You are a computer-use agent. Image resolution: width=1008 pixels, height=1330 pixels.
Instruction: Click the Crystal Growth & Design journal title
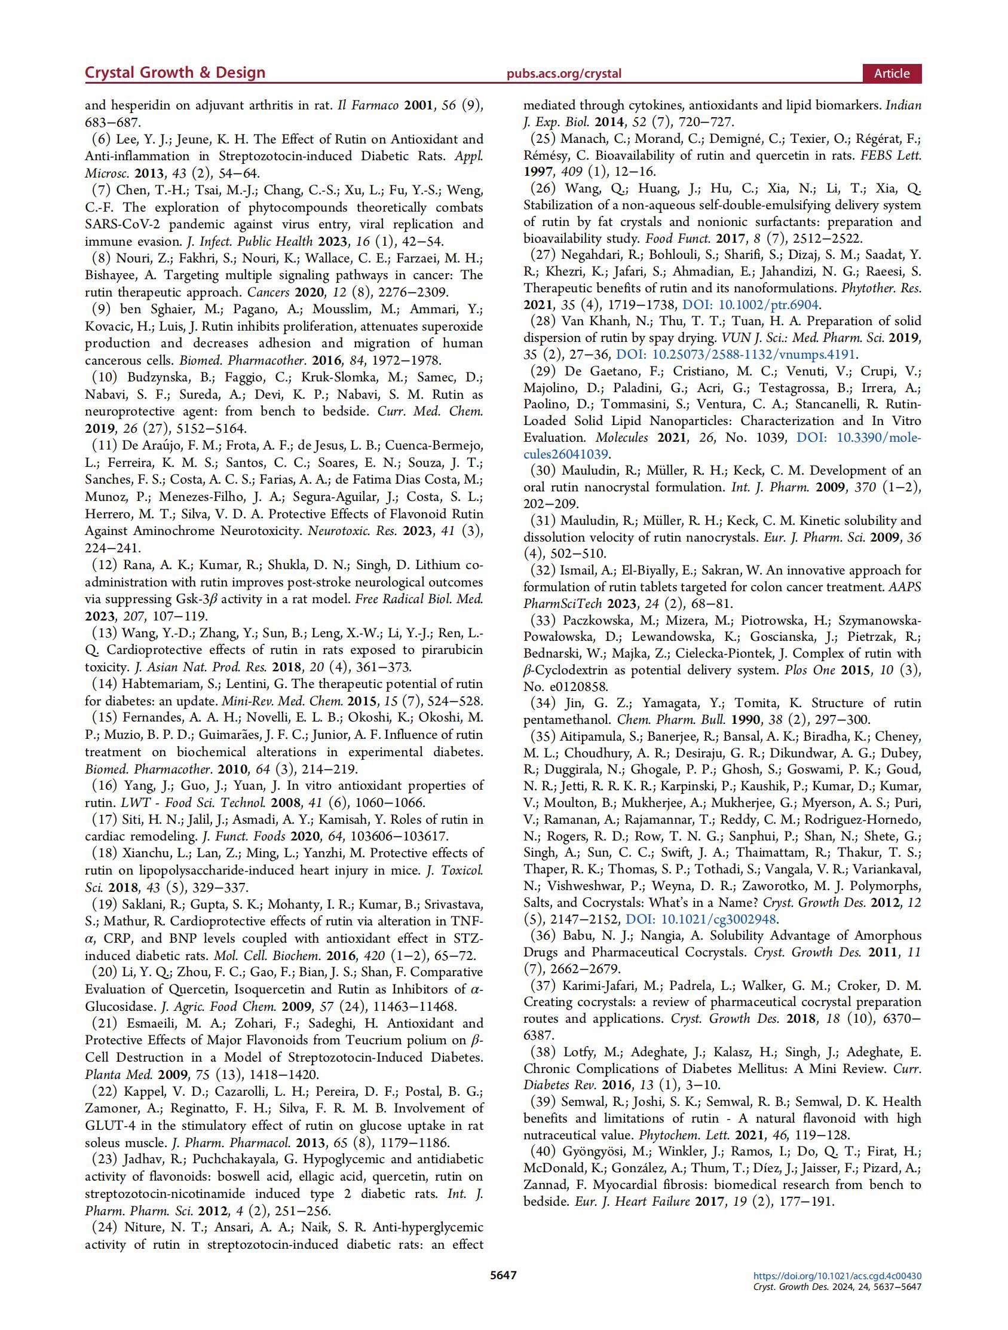[175, 73]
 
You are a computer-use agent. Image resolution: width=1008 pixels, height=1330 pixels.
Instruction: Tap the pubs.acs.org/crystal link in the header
[564, 74]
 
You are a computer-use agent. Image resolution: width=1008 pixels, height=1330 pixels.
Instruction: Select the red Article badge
[891, 74]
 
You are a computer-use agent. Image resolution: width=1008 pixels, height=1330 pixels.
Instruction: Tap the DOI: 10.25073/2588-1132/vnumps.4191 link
[737, 354]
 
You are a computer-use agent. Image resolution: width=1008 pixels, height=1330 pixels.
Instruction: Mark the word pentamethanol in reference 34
[563, 720]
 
